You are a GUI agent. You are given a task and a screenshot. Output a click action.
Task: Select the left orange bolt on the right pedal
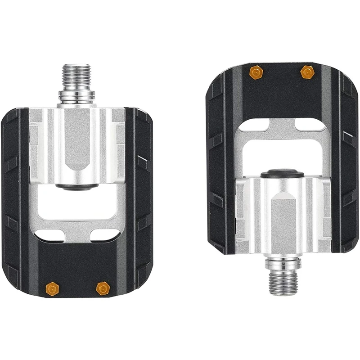coord(256,72)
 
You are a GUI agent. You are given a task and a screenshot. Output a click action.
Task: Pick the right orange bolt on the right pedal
coord(307,72)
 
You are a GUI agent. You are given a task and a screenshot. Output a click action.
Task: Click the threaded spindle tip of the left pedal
coord(76,76)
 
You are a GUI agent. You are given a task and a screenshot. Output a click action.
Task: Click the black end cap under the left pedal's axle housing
coord(76,186)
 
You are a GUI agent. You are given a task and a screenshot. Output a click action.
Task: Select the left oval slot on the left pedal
coord(49,234)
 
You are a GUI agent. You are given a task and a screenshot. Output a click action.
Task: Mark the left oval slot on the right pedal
coord(254,124)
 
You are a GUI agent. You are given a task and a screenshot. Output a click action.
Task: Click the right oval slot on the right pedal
coord(310,125)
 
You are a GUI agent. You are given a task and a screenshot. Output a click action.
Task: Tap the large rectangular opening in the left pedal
coord(76,205)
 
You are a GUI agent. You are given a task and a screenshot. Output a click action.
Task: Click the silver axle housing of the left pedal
coord(76,144)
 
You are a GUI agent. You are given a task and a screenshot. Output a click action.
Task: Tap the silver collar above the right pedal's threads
coord(283,263)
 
